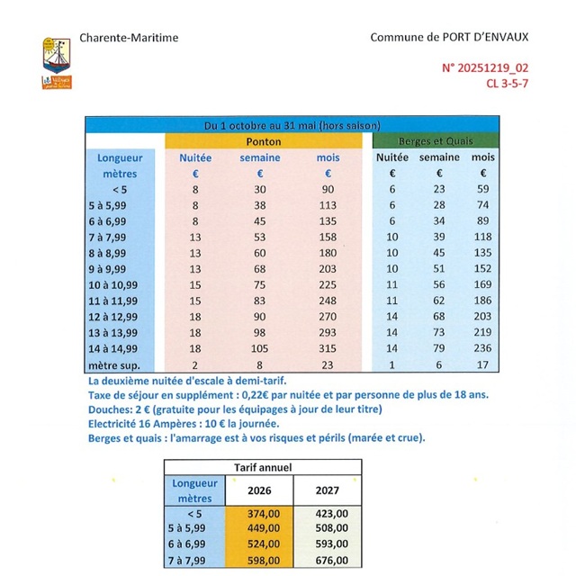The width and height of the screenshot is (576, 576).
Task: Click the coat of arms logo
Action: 57,62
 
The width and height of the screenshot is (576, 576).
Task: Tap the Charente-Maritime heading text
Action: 129,38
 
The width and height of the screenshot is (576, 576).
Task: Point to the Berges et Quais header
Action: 436,141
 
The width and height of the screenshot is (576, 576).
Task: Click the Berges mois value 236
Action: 483,349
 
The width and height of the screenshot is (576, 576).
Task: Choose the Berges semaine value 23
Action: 439,189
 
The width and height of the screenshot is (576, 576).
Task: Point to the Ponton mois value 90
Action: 328,189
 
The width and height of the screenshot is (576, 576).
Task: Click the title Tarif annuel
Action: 263,467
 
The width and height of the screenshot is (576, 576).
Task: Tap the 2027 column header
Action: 328,491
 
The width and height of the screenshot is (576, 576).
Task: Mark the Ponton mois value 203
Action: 328,269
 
